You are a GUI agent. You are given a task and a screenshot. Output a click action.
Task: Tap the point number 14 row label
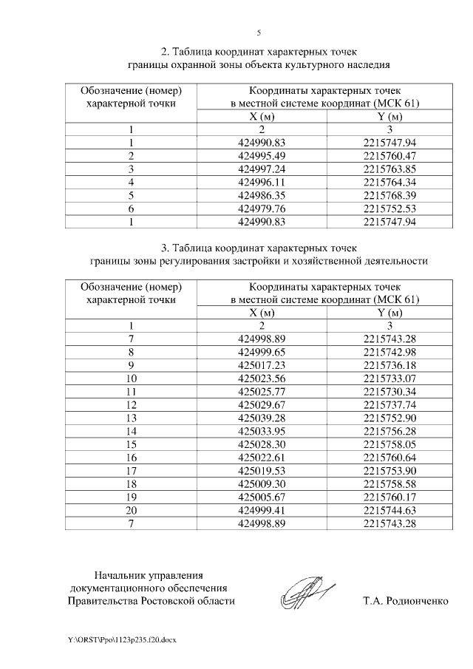[x=131, y=431]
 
